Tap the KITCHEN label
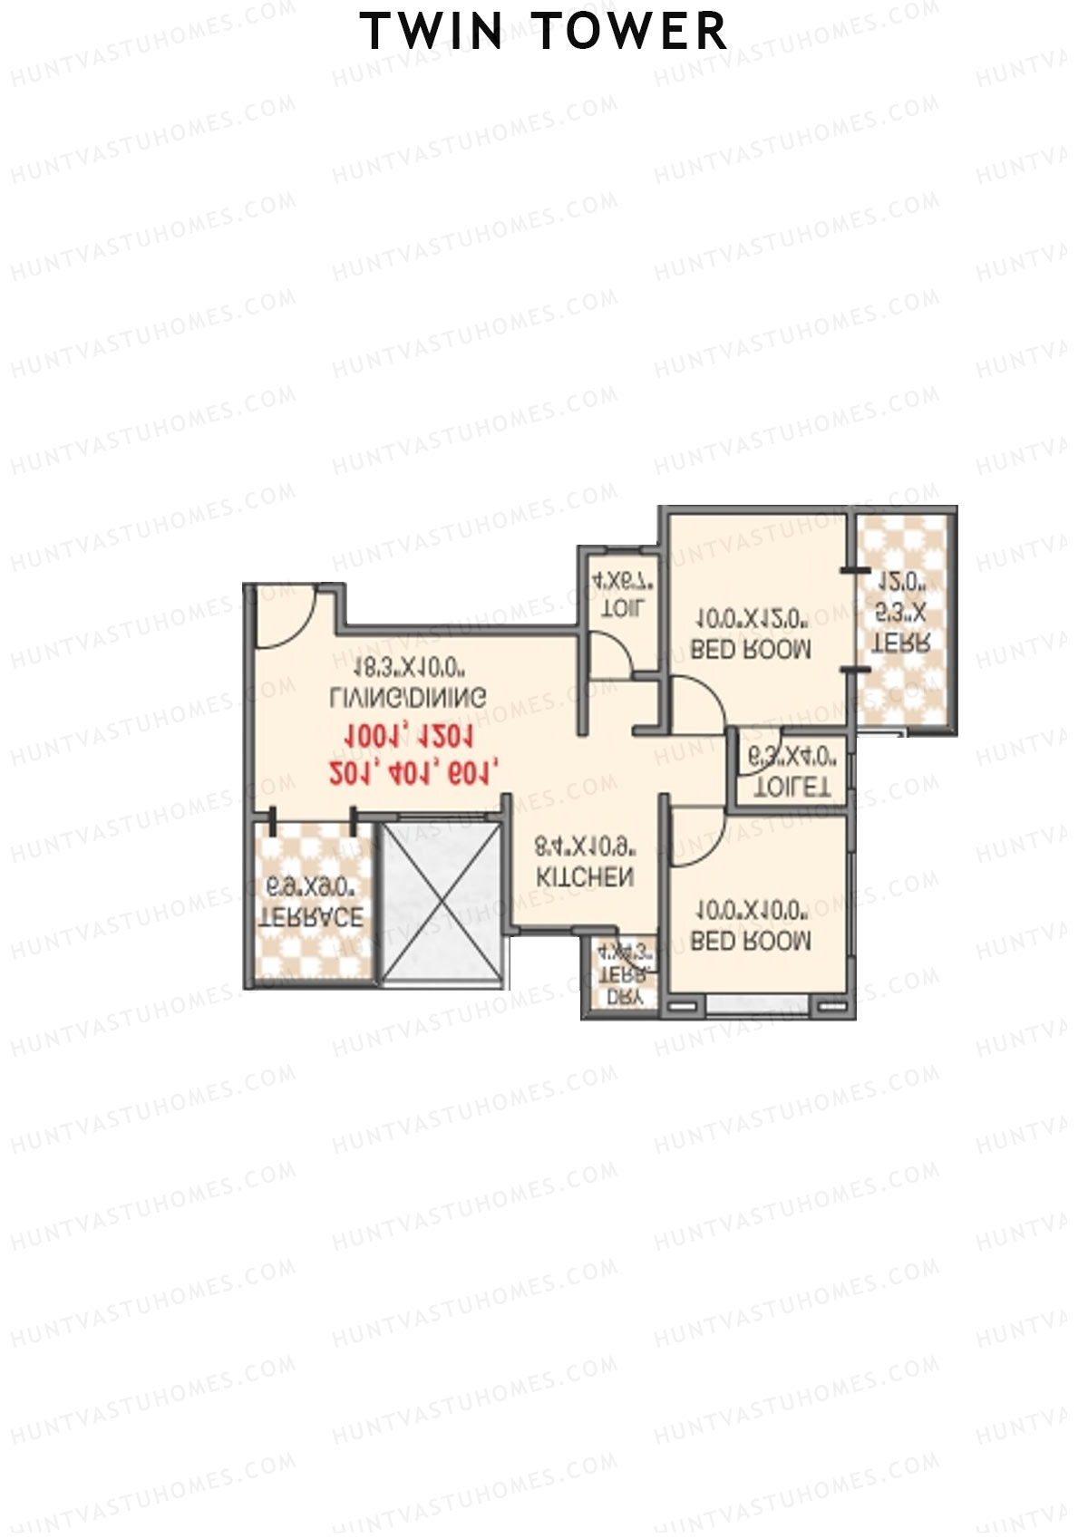[x=585, y=877]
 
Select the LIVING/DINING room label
[x=408, y=697]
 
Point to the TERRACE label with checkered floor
[x=311, y=916]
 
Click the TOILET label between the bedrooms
[x=792, y=787]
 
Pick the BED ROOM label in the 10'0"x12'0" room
[x=751, y=649]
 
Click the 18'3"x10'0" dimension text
[x=409, y=668]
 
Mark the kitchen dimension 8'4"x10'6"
[x=585, y=847]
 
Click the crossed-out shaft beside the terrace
[x=442, y=903]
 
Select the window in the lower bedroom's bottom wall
[x=757, y=1004]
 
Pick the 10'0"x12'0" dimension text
[x=751, y=619]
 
